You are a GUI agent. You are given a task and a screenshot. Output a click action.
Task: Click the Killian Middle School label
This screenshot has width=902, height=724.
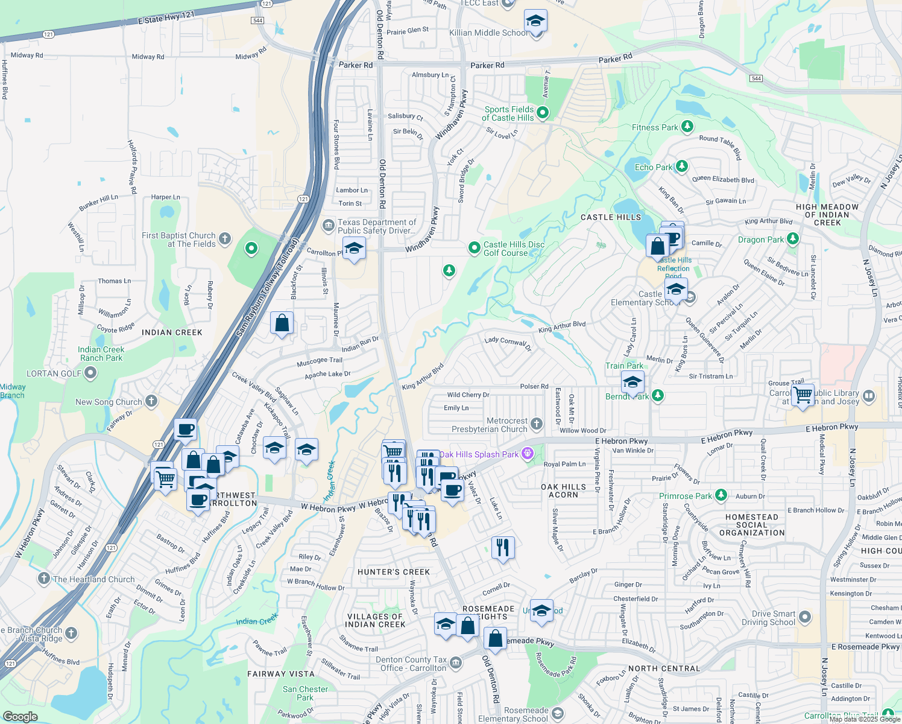coord(488,33)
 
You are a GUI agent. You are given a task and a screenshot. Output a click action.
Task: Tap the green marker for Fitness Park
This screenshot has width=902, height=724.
coord(687,127)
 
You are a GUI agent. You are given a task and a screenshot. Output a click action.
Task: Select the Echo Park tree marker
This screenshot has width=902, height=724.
coord(681,166)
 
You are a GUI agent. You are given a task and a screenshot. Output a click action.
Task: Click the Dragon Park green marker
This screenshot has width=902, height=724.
coord(793,239)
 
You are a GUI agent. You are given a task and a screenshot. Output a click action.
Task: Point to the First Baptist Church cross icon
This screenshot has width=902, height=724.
coord(225,239)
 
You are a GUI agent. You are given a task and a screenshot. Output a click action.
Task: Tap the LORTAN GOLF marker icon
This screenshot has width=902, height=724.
coord(90,373)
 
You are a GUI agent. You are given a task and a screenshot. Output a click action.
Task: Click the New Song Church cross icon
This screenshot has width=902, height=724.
coord(151,401)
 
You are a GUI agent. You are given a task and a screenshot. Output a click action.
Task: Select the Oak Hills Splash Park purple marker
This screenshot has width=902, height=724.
coord(528,453)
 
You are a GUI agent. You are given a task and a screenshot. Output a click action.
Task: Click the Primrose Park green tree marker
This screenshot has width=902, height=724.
coord(721,495)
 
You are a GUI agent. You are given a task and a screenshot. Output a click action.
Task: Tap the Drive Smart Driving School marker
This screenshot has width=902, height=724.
coord(805,617)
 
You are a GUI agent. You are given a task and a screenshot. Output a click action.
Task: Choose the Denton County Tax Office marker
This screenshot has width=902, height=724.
coord(456,663)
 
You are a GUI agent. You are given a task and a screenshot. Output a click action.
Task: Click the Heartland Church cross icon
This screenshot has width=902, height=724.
coord(43,579)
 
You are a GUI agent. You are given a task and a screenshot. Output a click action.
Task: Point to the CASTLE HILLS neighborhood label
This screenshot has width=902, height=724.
coord(611,217)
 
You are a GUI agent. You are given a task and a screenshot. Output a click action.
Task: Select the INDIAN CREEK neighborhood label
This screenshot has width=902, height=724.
coord(172,332)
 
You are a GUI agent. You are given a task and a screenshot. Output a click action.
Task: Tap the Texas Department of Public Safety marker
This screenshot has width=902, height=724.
coord(328,226)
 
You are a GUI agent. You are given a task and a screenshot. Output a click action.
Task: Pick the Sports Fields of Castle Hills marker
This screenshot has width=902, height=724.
coord(543,112)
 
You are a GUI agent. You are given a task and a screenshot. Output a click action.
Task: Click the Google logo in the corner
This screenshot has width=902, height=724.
coord(20,716)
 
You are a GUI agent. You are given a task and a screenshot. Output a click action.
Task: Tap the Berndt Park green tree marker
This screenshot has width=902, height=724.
coord(658,396)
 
